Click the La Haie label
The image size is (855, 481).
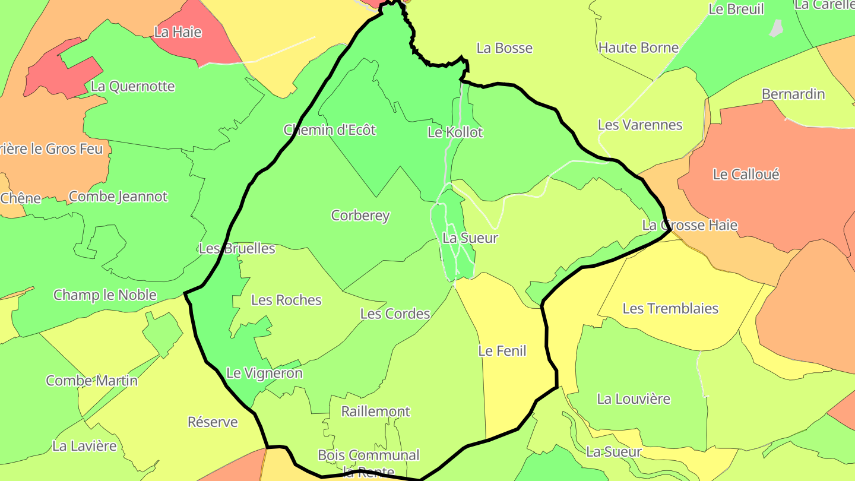point(178,32)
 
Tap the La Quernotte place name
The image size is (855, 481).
point(133,86)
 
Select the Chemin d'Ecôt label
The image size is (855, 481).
point(330,129)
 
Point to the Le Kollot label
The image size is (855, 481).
point(455,132)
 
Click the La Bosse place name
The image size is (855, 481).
point(505,48)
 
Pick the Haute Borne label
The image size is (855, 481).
point(638,48)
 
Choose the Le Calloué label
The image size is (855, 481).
point(746,175)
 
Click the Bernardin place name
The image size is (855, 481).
point(793,94)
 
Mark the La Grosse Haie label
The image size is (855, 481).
point(690,225)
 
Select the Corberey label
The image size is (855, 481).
point(360,216)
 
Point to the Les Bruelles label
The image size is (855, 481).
point(237,248)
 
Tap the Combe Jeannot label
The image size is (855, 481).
point(118,197)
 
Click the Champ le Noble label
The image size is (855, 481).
point(105,295)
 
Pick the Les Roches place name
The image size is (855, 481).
point(286,300)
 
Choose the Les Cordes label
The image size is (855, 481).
point(395,314)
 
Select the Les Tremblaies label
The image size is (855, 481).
point(670,309)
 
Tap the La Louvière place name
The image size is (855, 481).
point(634,399)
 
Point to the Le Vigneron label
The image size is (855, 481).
point(265,374)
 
